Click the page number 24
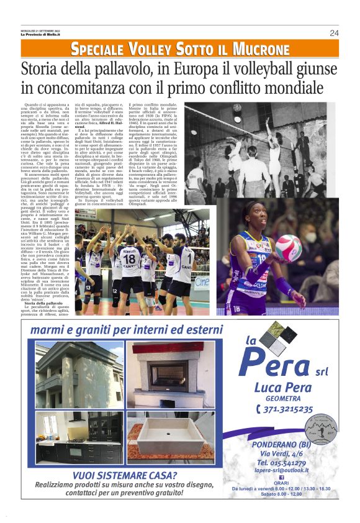point(334,33)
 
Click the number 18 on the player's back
point(129,256)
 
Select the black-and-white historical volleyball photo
point(261,154)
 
